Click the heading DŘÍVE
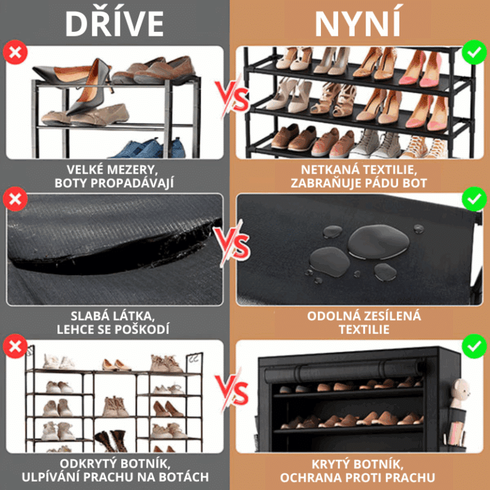pyautogui.click(x=114, y=24)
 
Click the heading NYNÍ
pyautogui.click(x=358, y=24)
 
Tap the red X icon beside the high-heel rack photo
pyautogui.click(x=15, y=52)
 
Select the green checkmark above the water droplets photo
pyautogui.click(x=474, y=199)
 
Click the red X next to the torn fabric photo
pyautogui.click(x=15, y=199)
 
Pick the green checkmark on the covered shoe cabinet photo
pyautogui.click(x=474, y=346)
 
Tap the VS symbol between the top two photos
pyautogui.click(x=232, y=97)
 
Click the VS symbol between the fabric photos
pyautogui.click(x=232, y=244)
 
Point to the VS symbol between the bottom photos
pyautogui.click(x=232, y=390)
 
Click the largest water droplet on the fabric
pyautogui.click(x=378, y=242)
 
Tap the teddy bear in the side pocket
pyautogui.click(x=459, y=393)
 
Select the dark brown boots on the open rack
pyautogui.click(x=111, y=441)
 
